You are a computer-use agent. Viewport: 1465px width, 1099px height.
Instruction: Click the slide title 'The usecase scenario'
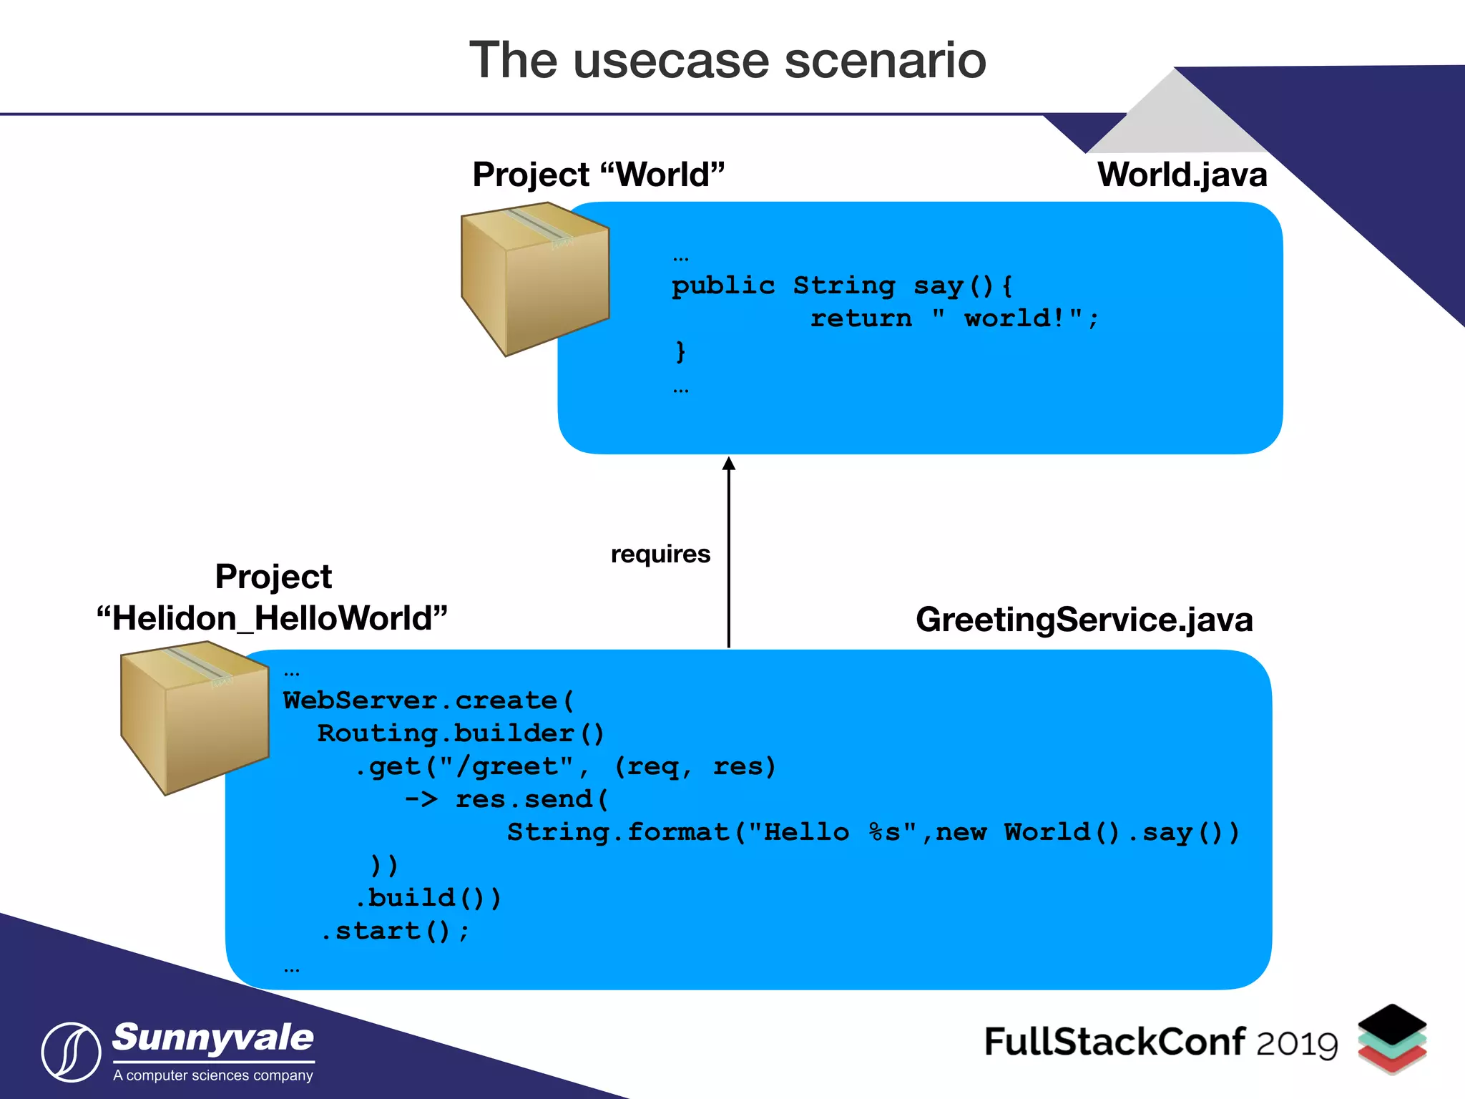click(x=727, y=60)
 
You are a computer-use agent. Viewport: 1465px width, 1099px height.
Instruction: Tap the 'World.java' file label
click(x=1182, y=175)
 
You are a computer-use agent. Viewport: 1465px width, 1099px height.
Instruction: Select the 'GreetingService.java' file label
click(x=1084, y=620)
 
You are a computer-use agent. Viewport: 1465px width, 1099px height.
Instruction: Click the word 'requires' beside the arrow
click(x=660, y=554)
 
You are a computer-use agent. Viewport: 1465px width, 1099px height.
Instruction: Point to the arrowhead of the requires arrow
click(x=728, y=464)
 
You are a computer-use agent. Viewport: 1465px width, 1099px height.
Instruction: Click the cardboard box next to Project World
click(x=535, y=279)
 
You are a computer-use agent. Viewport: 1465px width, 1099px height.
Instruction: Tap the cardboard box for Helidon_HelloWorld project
click(x=195, y=718)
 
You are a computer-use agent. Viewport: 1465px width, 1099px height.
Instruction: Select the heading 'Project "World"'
click(x=599, y=175)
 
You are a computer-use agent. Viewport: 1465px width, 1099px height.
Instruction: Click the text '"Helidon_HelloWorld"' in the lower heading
click(x=272, y=618)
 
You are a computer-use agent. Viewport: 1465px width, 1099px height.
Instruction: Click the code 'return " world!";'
click(x=954, y=318)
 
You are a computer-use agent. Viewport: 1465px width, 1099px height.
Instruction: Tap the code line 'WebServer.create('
click(x=428, y=700)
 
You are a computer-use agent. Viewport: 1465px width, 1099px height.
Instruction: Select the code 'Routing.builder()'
click(x=461, y=733)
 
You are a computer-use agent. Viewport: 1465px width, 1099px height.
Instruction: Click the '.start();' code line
click(x=395, y=931)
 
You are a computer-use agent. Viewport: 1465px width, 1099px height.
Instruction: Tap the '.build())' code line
click(x=428, y=898)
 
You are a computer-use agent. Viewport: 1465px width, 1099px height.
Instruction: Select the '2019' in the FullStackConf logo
click(x=1297, y=1045)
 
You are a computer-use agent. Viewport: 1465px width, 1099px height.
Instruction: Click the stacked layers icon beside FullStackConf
click(x=1392, y=1038)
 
